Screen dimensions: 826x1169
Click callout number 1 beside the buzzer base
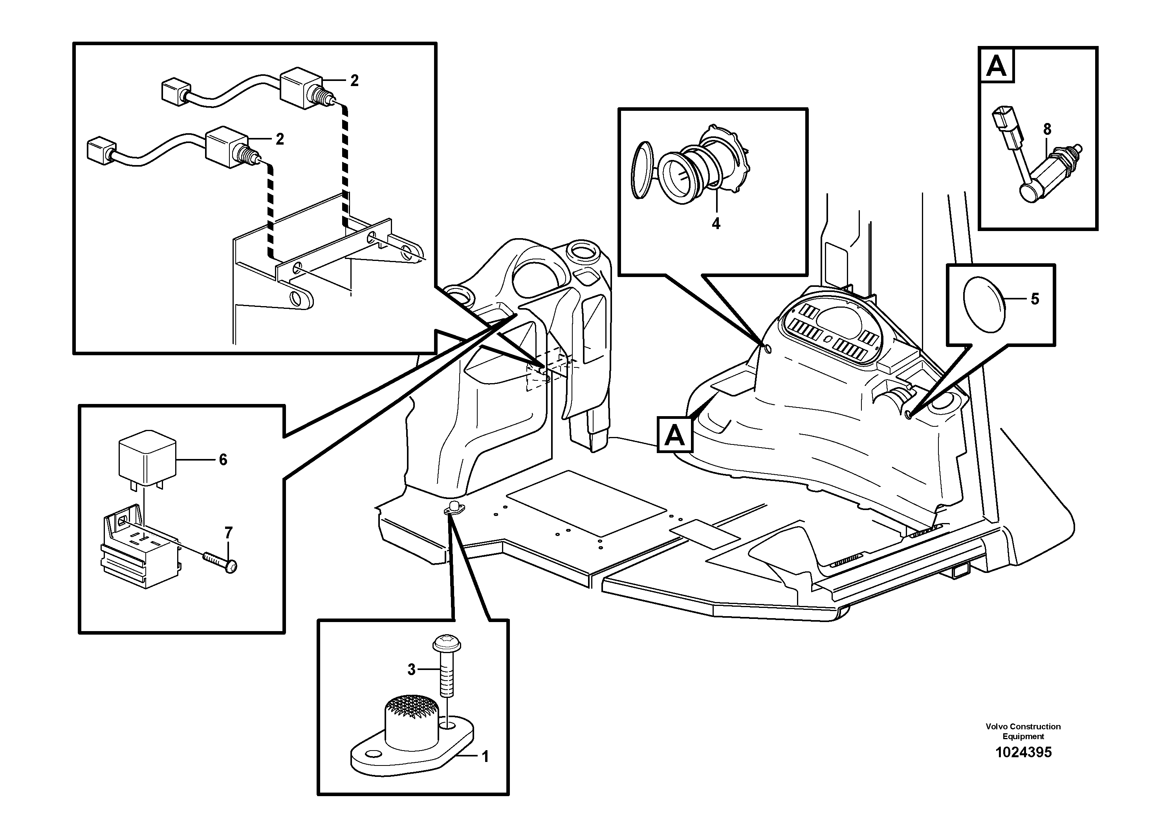coord(485,757)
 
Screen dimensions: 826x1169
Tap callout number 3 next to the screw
coord(411,670)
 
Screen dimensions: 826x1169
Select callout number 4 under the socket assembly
coord(716,224)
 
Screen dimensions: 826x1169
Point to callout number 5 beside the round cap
coord(1035,299)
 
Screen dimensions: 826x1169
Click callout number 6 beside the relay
coord(223,460)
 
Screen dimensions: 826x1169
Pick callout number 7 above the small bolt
coord(229,533)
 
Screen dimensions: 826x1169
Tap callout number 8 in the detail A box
coord(1047,130)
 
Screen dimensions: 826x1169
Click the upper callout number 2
coord(354,81)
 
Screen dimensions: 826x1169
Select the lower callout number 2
coord(280,139)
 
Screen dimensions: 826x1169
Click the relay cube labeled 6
coord(147,456)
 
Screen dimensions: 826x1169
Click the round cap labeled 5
coord(984,305)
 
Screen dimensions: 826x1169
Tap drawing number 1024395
coord(1023,752)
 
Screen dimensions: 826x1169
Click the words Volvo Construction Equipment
coord(1023,731)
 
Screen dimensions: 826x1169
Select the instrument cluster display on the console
coord(833,331)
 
